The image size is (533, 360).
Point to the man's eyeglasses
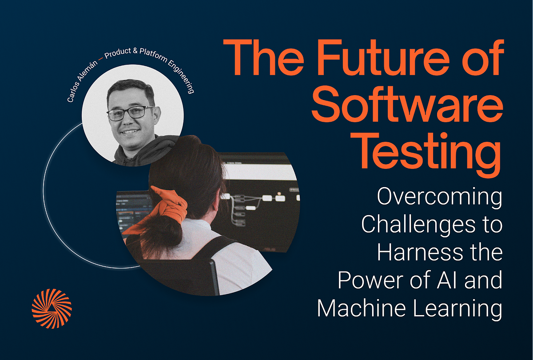[x=130, y=113]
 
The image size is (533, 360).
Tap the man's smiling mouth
[x=130, y=132]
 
